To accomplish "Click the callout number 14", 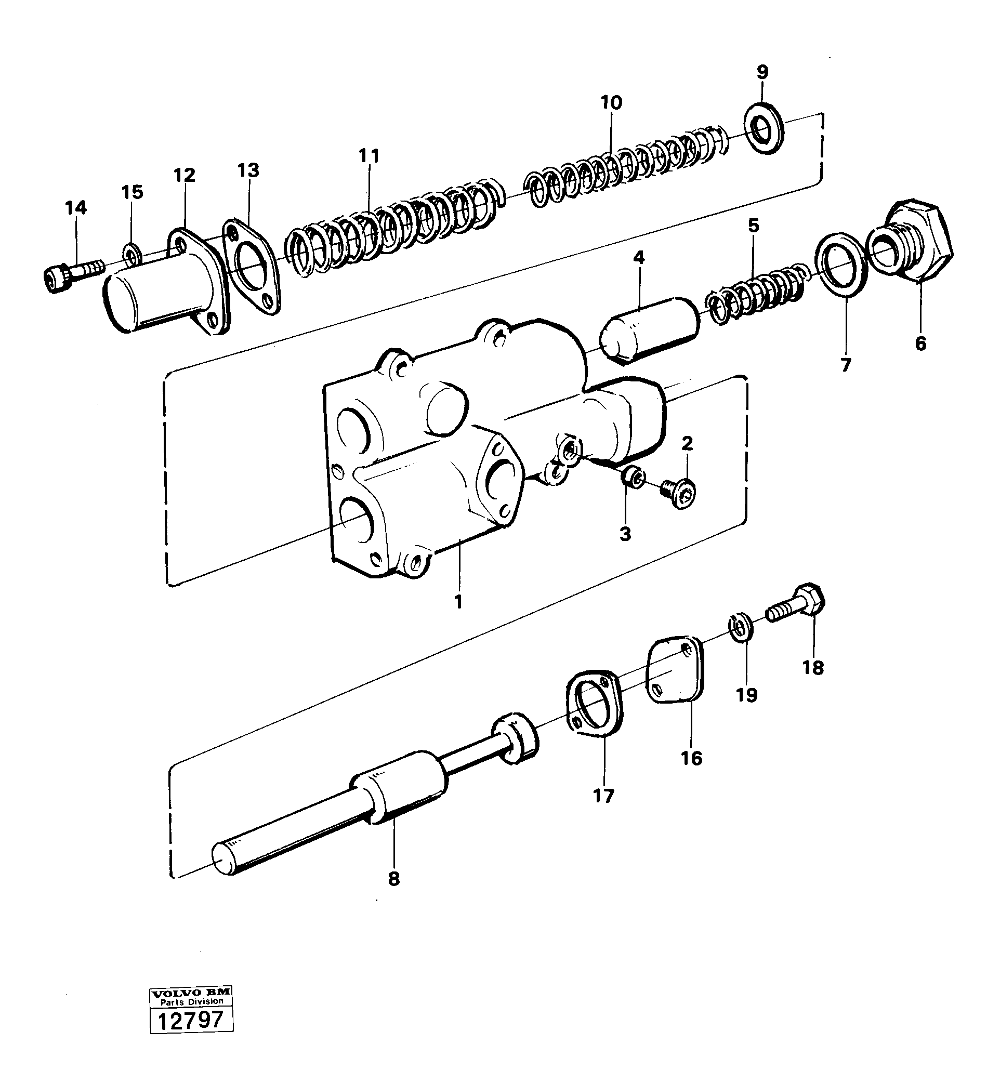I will tap(76, 207).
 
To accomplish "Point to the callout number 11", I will tap(369, 156).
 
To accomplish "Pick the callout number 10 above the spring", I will tap(611, 102).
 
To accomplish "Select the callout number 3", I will tap(625, 535).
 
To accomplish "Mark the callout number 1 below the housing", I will tap(458, 602).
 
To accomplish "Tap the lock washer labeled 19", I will tap(741, 626).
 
